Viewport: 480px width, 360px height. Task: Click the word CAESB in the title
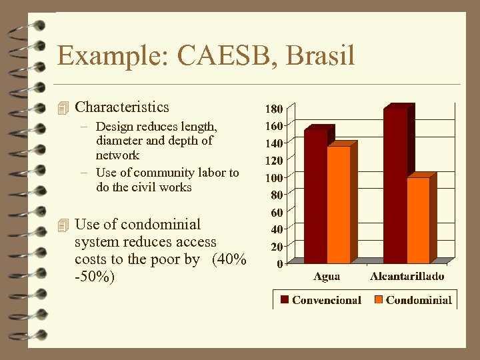(x=224, y=56)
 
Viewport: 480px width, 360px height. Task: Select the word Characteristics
(x=122, y=107)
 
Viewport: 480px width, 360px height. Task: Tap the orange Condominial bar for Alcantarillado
(x=418, y=220)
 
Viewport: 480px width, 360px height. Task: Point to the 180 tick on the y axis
(x=274, y=108)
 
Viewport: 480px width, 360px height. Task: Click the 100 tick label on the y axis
(x=274, y=177)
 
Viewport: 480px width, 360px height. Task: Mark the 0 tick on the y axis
(x=280, y=263)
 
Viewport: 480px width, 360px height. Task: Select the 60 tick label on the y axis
(x=276, y=213)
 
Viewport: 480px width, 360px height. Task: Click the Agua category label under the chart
(x=327, y=276)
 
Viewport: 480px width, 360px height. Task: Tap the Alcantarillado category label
(x=407, y=276)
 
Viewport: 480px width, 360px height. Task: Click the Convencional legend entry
(x=326, y=300)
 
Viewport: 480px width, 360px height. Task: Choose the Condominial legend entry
(x=418, y=300)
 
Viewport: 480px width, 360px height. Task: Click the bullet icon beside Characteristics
(x=63, y=107)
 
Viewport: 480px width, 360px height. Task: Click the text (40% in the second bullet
(x=229, y=259)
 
